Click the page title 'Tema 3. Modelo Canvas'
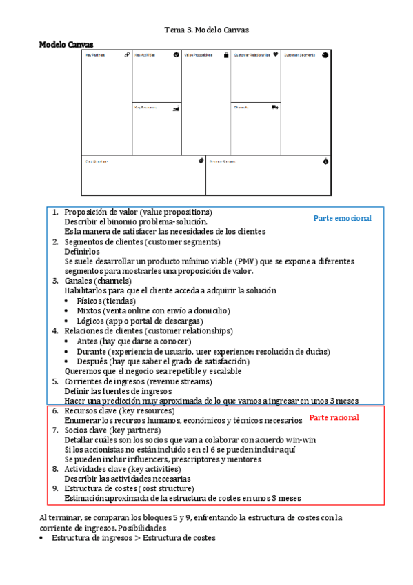pyautogui.click(x=206, y=30)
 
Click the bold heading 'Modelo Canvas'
pyautogui.click(x=66, y=44)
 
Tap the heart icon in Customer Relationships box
pyautogui.click(x=275, y=54)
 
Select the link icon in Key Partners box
pyautogui.click(x=127, y=54)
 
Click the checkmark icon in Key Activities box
pyautogui.click(x=177, y=54)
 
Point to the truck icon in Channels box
pyautogui.click(x=275, y=107)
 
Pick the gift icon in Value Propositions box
pyautogui.click(x=226, y=54)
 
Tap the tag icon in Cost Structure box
pyautogui.click(x=201, y=161)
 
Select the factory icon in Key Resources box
pyautogui.click(x=177, y=107)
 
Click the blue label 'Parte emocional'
pyautogui.click(x=342, y=218)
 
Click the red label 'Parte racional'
pyautogui.click(x=334, y=417)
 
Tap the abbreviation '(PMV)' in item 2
pyautogui.click(x=246, y=261)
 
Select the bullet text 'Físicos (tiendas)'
pyautogui.click(x=106, y=301)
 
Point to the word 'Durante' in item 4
pyautogui.click(x=91, y=351)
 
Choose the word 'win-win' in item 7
pyautogui.click(x=301, y=439)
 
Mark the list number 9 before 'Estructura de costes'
pyautogui.click(x=56, y=488)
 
